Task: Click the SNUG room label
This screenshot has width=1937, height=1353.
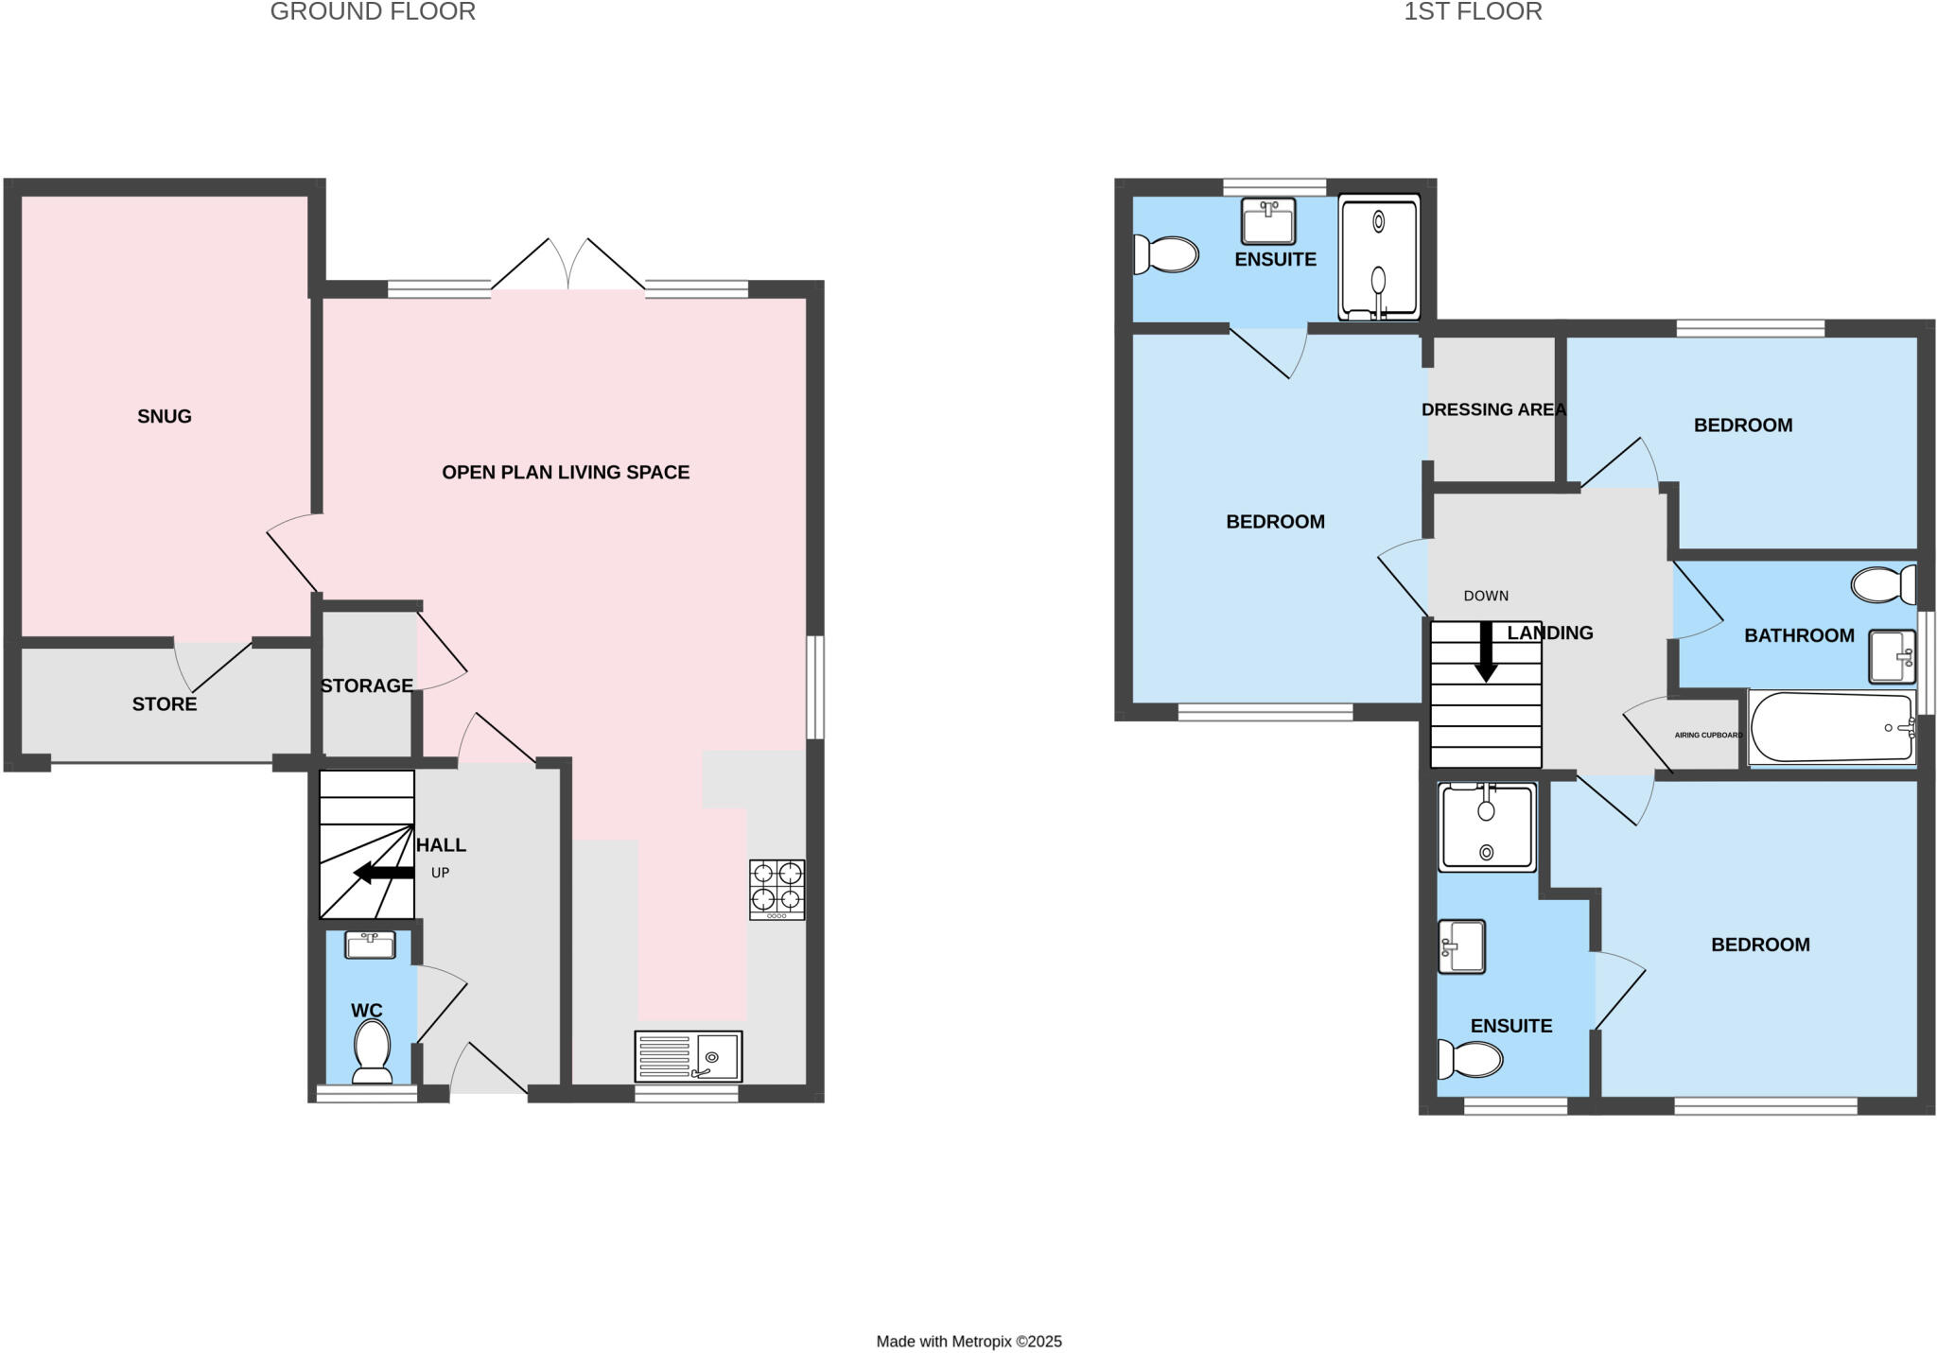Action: [164, 416]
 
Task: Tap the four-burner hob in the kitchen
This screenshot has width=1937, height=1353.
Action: [777, 889]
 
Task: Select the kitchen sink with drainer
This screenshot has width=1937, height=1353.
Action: [688, 1055]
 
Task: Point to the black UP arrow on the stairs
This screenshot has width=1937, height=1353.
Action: [383, 873]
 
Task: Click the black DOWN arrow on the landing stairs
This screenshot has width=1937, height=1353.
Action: [1486, 651]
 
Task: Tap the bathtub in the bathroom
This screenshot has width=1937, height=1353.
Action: [1830, 727]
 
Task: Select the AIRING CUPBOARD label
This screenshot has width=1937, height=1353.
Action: [1707, 735]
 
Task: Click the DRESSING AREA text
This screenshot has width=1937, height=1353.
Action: [1493, 409]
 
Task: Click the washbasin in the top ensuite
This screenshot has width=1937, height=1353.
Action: [1267, 221]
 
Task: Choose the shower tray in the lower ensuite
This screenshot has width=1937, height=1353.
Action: [1486, 826]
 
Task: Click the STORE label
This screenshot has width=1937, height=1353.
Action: [164, 703]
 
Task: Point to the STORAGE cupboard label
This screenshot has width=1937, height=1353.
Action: [366, 685]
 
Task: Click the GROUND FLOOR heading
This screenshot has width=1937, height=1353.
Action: [373, 11]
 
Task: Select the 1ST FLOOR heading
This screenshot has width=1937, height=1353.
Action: [1473, 11]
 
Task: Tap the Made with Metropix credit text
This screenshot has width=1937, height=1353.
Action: [968, 1341]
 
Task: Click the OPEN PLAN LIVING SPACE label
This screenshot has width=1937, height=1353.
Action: [566, 472]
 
